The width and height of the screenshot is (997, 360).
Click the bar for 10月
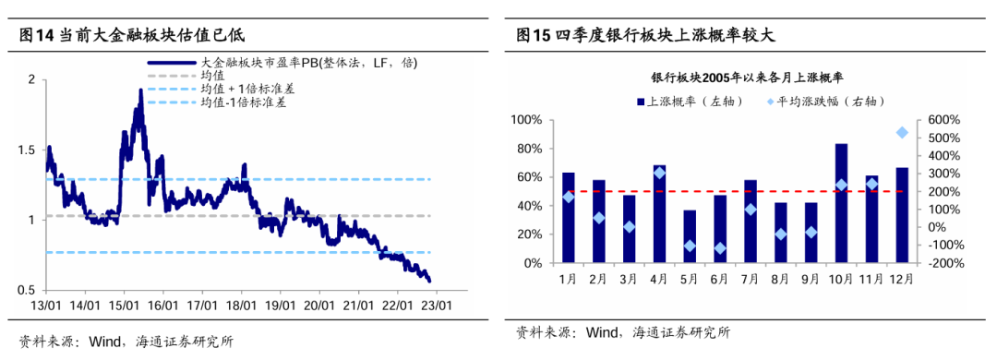(841, 203)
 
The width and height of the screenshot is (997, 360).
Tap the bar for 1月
(568, 218)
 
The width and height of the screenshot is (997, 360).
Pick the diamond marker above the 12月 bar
(902, 133)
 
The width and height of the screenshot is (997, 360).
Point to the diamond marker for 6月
(719, 248)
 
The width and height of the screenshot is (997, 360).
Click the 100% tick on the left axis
(535, 120)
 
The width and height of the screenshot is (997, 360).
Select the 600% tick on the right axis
(945, 120)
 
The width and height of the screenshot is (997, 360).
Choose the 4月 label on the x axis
(659, 279)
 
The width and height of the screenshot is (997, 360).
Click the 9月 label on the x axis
(811, 279)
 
